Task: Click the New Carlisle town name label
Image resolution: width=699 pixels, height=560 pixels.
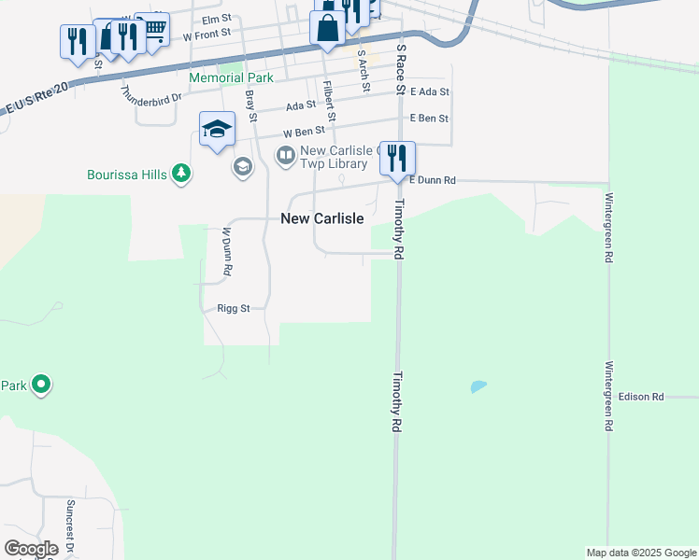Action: click(322, 218)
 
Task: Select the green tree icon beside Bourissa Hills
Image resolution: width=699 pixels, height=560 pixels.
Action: click(181, 173)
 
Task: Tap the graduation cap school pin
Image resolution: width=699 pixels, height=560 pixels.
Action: click(217, 129)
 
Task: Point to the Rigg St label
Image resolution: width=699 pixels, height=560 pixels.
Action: click(233, 308)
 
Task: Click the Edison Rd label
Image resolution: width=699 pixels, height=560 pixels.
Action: click(640, 397)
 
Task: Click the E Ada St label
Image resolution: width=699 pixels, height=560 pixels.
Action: click(429, 92)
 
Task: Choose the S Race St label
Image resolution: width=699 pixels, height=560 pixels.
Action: click(401, 68)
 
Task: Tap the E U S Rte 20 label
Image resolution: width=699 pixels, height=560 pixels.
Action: click(37, 98)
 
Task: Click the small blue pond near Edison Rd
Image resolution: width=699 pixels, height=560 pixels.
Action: click(478, 385)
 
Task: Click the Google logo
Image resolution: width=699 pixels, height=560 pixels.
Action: click(31, 549)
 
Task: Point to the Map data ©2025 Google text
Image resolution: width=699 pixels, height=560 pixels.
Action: click(642, 553)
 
